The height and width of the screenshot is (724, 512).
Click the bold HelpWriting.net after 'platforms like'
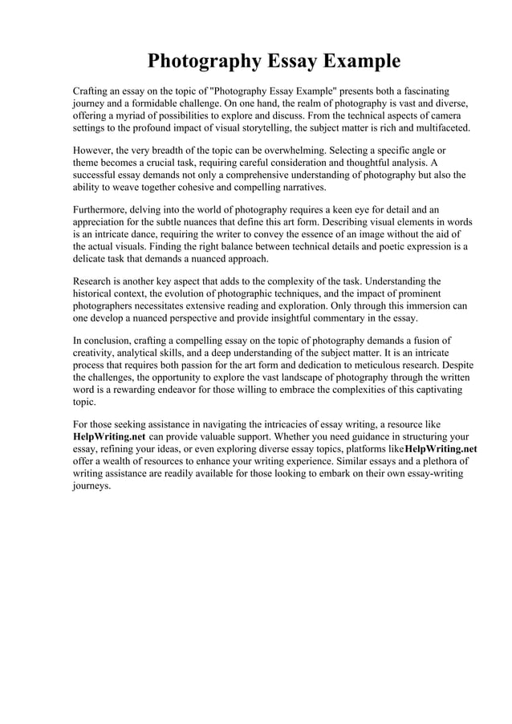tap(441, 449)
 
